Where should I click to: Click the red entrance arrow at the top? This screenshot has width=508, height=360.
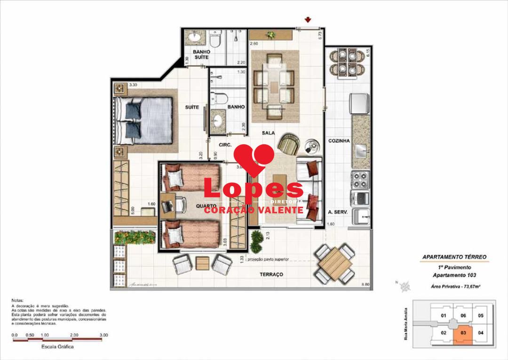point(308,20)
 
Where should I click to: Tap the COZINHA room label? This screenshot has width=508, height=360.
point(338,141)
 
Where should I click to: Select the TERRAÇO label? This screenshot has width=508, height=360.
point(271,274)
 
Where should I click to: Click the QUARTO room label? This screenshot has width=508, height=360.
point(206,206)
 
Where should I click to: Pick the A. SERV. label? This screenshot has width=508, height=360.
point(337,212)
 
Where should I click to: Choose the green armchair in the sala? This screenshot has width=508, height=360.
point(288,143)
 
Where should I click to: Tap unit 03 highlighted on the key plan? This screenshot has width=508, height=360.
point(463,333)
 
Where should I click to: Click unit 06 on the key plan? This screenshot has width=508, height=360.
point(463,316)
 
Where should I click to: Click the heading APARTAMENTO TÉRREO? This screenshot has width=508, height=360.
point(454,257)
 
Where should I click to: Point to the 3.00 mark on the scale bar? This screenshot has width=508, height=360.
point(104,335)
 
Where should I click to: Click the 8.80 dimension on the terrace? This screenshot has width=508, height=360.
point(365,284)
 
